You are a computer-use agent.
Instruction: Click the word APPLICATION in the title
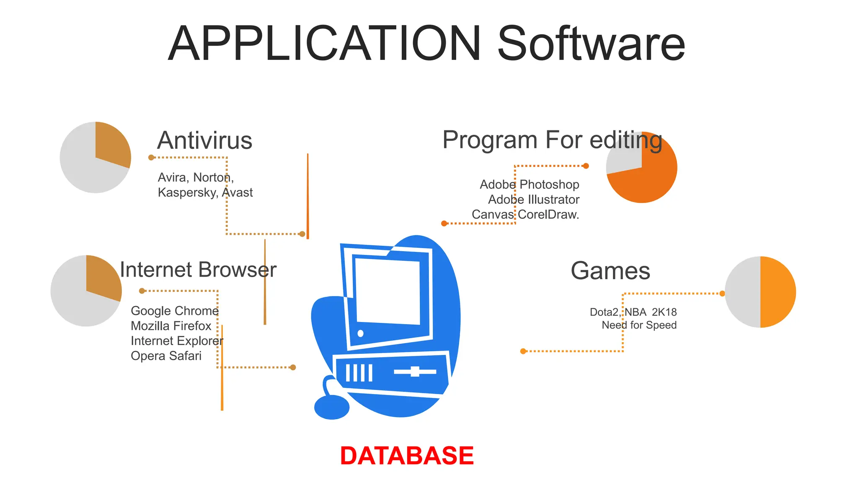pos(324,44)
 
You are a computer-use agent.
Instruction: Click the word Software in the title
pos(591,44)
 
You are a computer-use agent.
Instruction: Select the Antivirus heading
pos(204,140)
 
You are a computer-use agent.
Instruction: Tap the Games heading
pos(610,271)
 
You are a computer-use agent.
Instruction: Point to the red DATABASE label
pos(407,456)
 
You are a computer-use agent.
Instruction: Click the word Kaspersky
pos(187,192)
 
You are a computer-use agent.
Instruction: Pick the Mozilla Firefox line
pos(171,326)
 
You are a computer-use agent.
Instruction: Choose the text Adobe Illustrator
pos(534,200)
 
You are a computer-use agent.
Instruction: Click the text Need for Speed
pos(639,325)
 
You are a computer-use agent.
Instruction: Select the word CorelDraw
pos(548,215)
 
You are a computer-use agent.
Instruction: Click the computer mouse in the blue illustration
pos(331,407)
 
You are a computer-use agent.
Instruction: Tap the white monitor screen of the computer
pos(388,291)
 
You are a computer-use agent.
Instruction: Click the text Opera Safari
pos(166,356)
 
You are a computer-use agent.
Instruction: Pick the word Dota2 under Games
pos(604,312)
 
